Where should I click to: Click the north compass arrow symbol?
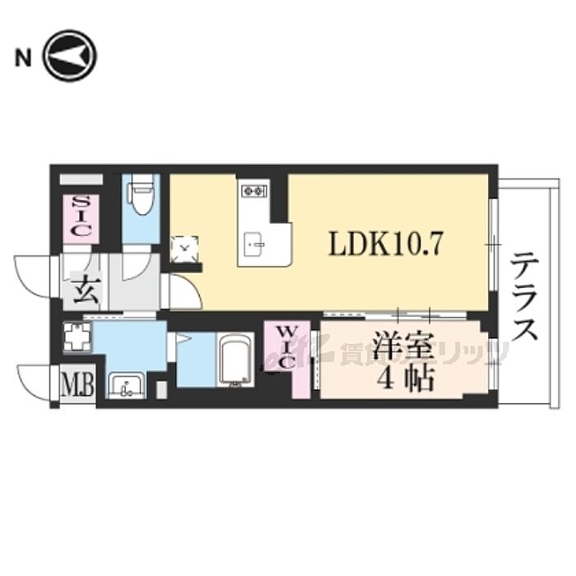coord(70,56)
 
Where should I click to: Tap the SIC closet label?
coord(81,216)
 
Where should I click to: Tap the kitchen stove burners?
coord(252,192)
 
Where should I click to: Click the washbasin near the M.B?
coord(126,384)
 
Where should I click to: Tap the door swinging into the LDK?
coord(183,292)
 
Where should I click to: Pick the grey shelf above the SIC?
coord(81,179)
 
